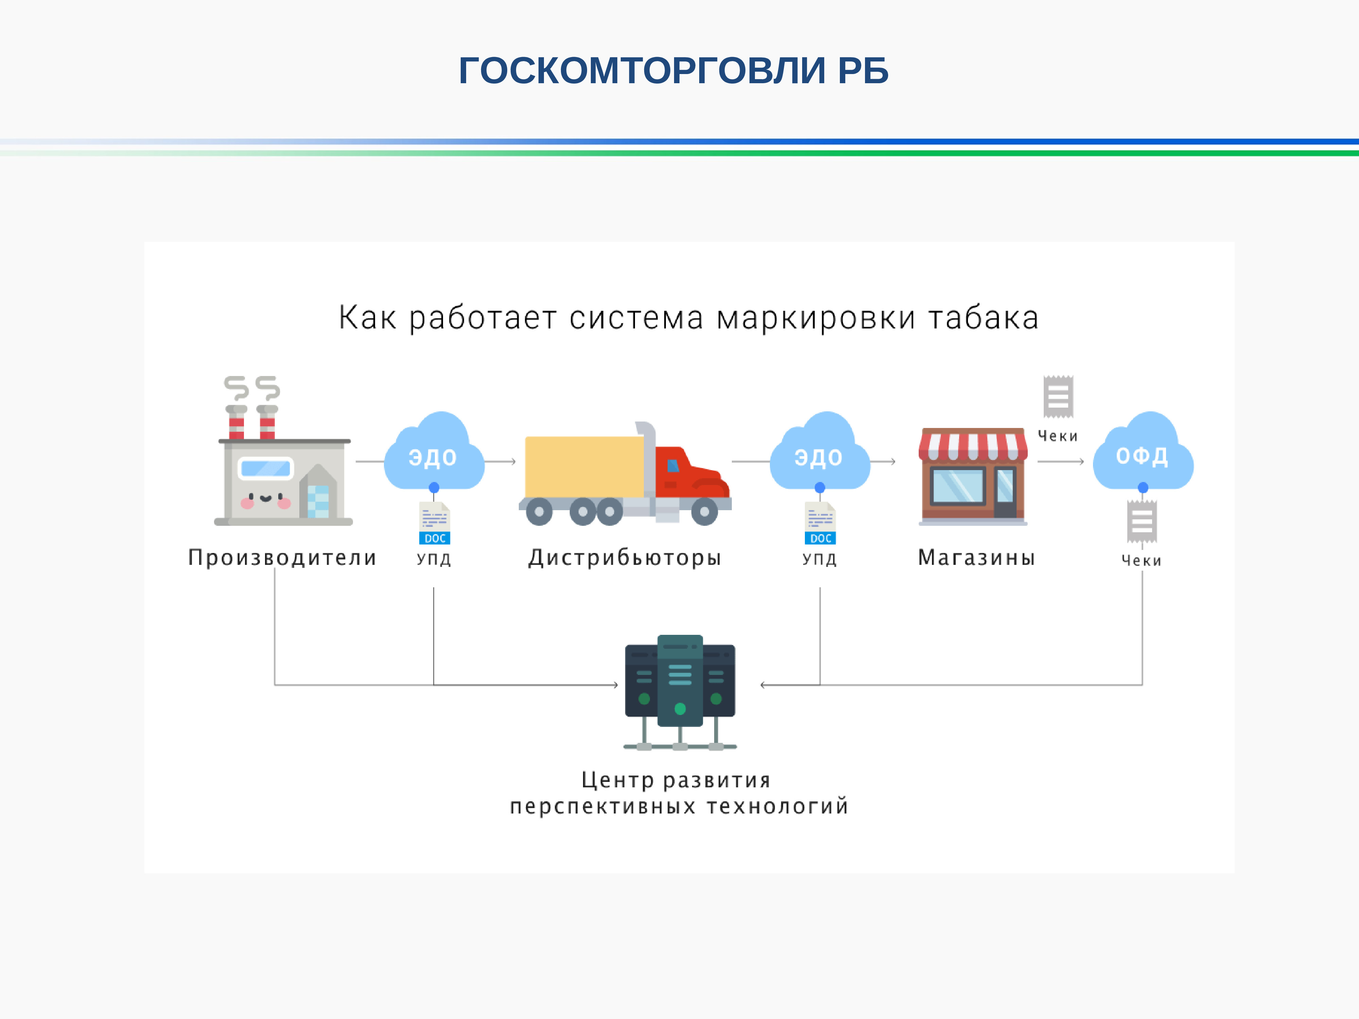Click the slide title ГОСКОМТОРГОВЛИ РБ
pos(673,71)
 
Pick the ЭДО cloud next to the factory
pos(434,454)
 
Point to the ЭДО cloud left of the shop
pos(819,454)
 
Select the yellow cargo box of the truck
pos(584,466)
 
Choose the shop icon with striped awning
pos(973,476)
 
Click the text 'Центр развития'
pos(676,780)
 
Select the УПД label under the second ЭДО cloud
pos(819,559)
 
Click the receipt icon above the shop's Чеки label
pos(1058,396)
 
